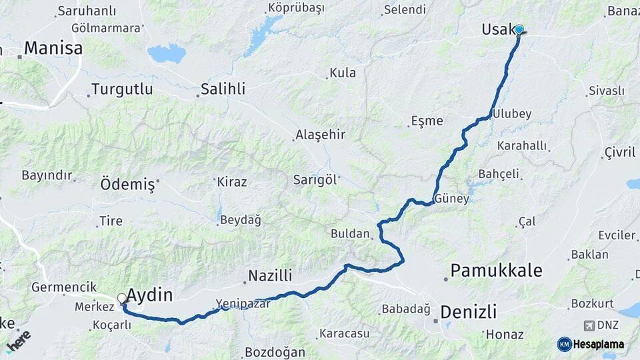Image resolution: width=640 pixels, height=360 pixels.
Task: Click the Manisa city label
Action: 53,49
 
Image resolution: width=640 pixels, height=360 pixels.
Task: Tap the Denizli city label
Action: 469,311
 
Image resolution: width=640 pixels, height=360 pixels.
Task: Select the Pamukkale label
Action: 496,271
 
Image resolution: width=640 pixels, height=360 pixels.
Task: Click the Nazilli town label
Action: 270,275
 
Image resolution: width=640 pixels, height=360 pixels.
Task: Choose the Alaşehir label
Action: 320,135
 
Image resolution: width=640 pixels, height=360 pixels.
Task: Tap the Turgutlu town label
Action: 122,89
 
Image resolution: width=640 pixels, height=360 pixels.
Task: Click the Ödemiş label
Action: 127,184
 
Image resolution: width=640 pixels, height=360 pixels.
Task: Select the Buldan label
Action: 350,233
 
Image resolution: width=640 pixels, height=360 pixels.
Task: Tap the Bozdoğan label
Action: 275,352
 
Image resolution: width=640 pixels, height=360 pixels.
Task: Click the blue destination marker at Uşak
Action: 519,29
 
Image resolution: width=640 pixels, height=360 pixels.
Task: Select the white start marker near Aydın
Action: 122,298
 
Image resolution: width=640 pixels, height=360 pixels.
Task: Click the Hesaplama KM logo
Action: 591,344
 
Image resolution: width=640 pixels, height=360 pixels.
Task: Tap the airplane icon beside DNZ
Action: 589,325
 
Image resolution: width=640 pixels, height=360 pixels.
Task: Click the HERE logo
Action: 19,340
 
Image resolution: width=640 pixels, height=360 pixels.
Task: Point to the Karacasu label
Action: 344,333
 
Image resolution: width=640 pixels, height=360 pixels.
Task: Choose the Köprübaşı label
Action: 295,8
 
